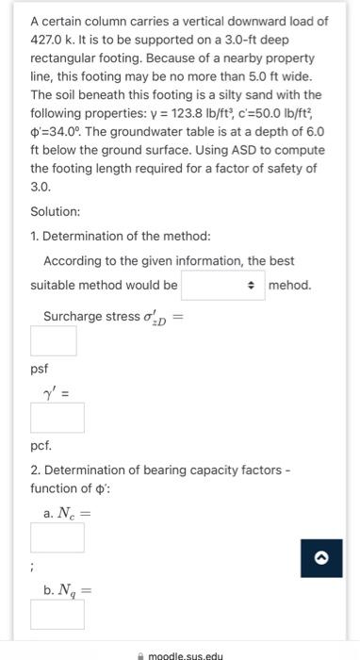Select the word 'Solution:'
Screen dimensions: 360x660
click(x=55, y=212)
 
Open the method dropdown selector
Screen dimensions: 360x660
click(x=221, y=285)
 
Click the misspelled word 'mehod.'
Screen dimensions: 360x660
click(x=289, y=285)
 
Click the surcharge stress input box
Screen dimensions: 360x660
click(x=53, y=339)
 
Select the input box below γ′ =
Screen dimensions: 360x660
click(x=57, y=416)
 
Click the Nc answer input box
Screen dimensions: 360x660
click(x=57, y=537)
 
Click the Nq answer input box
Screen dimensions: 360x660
click(x=57, y=615)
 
